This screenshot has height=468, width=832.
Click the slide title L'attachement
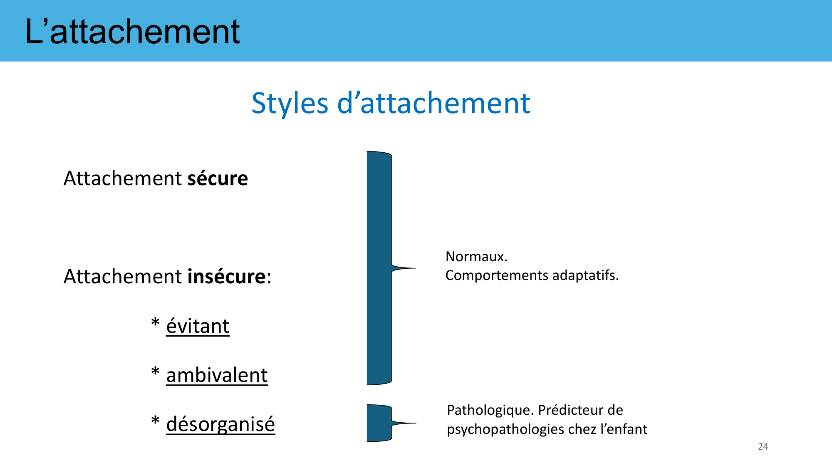tap(132, 32)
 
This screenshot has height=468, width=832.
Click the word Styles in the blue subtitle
tap(290, 103)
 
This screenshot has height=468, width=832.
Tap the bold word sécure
tap(218, 178)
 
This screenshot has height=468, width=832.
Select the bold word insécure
tap(227, 276)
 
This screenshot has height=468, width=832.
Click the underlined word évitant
tap(198, 326)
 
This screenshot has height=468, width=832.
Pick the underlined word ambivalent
tap(217, 375)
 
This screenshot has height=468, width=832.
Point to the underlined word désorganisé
tap(220, 424)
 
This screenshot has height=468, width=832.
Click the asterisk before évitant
tap(155, 323)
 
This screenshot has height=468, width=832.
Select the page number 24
tap(763, 446)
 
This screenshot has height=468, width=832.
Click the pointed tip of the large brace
tap(416, 268)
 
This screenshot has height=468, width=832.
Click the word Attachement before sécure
tap(123, 178)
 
